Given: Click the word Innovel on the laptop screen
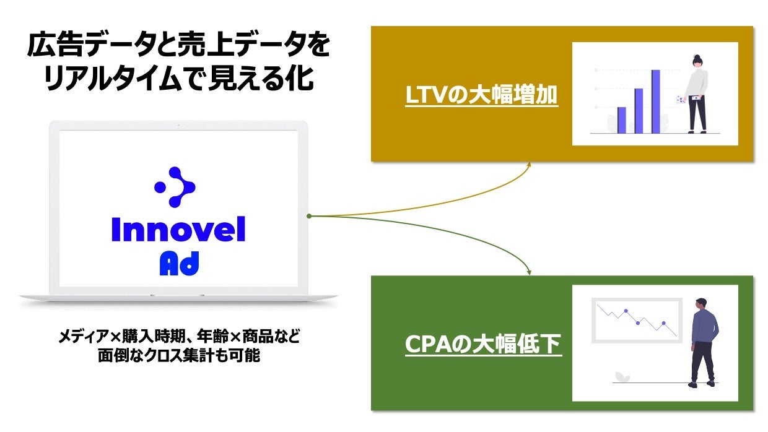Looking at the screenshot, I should click(178, 230).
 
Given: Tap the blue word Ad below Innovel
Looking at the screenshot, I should click(179, 264).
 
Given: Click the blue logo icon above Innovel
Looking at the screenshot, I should click(175, 186).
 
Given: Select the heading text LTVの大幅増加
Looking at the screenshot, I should click(481, 96).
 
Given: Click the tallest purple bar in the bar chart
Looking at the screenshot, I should click(655, 102).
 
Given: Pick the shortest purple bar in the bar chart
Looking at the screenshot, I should click(622, 120).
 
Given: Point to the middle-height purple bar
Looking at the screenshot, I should click(639, 111).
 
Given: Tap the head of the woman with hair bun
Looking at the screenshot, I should click(698, 61).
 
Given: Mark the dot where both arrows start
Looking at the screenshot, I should click(308, 216).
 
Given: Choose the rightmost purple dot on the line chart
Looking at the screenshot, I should click(663, 323).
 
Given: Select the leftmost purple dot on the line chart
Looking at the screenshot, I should click(626, 311).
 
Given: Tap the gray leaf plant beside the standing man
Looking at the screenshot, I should click(619, 376).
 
